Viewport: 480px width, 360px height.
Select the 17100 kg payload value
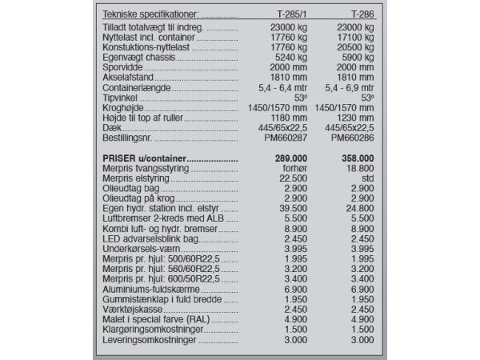[x=352, y=38]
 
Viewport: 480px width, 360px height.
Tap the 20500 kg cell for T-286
[x=352, y=48]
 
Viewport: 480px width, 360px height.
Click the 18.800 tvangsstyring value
[x=357, y=169]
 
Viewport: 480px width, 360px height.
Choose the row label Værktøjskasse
[x=133, y=308]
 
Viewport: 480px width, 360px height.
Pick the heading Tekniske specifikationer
[x=150, y=14]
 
